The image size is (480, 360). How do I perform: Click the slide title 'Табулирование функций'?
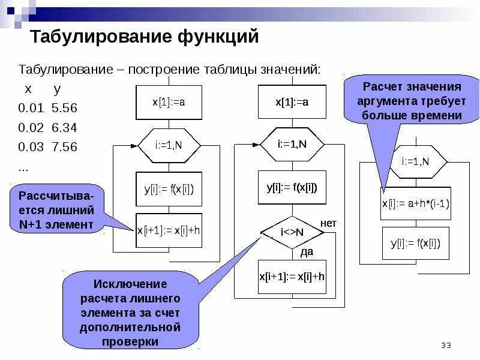(145, 38)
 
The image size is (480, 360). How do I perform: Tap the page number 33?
(446, 345)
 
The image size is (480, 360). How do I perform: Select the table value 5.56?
(65, 109)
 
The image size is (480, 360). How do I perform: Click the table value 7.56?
(65, 147)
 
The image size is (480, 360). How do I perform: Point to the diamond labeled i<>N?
(292, 232)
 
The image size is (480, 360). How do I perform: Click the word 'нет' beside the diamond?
(328, 223)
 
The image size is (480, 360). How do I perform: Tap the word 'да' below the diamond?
(307, 252)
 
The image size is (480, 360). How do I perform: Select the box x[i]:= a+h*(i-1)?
(416, 202)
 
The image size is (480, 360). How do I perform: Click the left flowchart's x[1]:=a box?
(169, 102)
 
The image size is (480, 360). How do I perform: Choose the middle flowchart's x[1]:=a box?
(292, 102)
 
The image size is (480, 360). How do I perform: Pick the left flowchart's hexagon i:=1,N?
(169, 145)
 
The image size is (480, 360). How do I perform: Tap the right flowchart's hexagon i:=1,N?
(415, 161)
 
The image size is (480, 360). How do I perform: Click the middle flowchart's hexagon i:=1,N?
(292, 144)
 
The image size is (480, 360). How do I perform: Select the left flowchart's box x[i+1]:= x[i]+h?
(169, 230)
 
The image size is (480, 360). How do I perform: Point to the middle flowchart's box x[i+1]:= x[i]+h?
(292, 277)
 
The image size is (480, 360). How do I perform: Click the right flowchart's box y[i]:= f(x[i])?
(416, 243)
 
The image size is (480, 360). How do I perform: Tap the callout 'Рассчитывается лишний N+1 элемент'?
(56, 210)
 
